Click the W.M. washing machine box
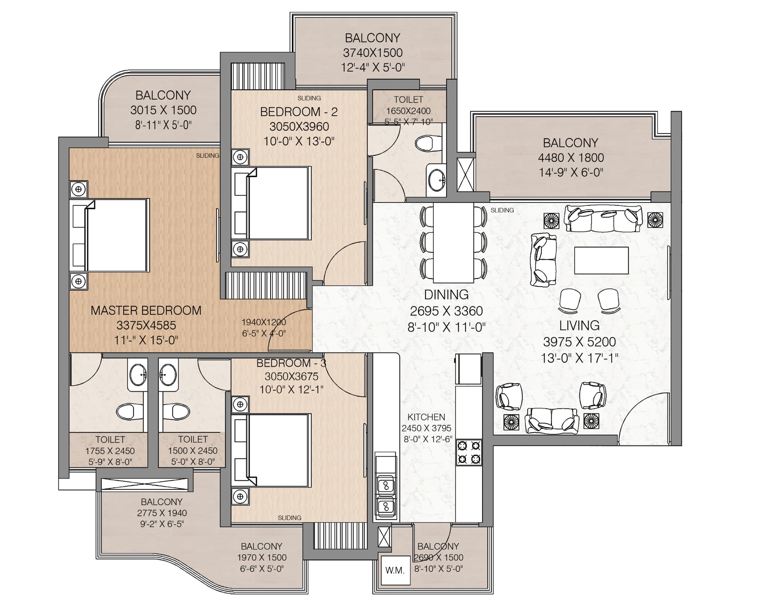(x=395, y=570)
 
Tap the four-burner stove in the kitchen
(x=469, y=452)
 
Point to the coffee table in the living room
(x=601, y=260)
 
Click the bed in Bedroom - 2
(x=271, y=203)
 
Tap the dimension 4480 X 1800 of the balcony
(x=571, y=157)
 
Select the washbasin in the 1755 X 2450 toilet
(x=137, y=375)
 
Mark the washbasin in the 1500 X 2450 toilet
(x=168, y=375)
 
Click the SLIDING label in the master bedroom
(x=207, y=156)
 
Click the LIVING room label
(x=579, y=325)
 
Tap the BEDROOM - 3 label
(x=291, y=363)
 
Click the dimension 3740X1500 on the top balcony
(x=373, y=53)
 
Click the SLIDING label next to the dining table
(x=502, y=210)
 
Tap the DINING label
(x=446, y=294)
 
